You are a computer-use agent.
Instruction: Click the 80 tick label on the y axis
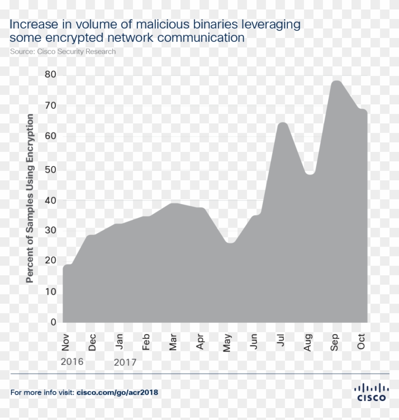[51, 75]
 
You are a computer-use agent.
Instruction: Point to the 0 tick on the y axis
[53, 322]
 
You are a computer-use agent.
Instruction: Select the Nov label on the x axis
[66, 342]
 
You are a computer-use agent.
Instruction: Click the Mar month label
[174, 342]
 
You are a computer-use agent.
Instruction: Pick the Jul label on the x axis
[282, 341]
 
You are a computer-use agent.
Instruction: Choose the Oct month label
[361, 342]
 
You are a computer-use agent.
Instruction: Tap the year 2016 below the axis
[72, 362]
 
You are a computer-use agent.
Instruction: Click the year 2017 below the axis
[125, 363]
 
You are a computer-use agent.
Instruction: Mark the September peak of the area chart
[336, 81]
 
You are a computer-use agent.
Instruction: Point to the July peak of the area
[283, 123]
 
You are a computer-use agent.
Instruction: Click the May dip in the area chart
[230, 243]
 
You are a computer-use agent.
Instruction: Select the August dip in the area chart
[310, 174]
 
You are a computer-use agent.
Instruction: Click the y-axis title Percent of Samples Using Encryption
[30, 198]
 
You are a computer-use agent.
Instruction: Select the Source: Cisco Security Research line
[63, 51]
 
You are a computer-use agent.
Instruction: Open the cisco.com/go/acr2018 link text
[117, 392]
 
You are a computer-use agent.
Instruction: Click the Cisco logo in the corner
[371, 392]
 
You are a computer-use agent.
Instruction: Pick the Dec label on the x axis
[93, 342]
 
